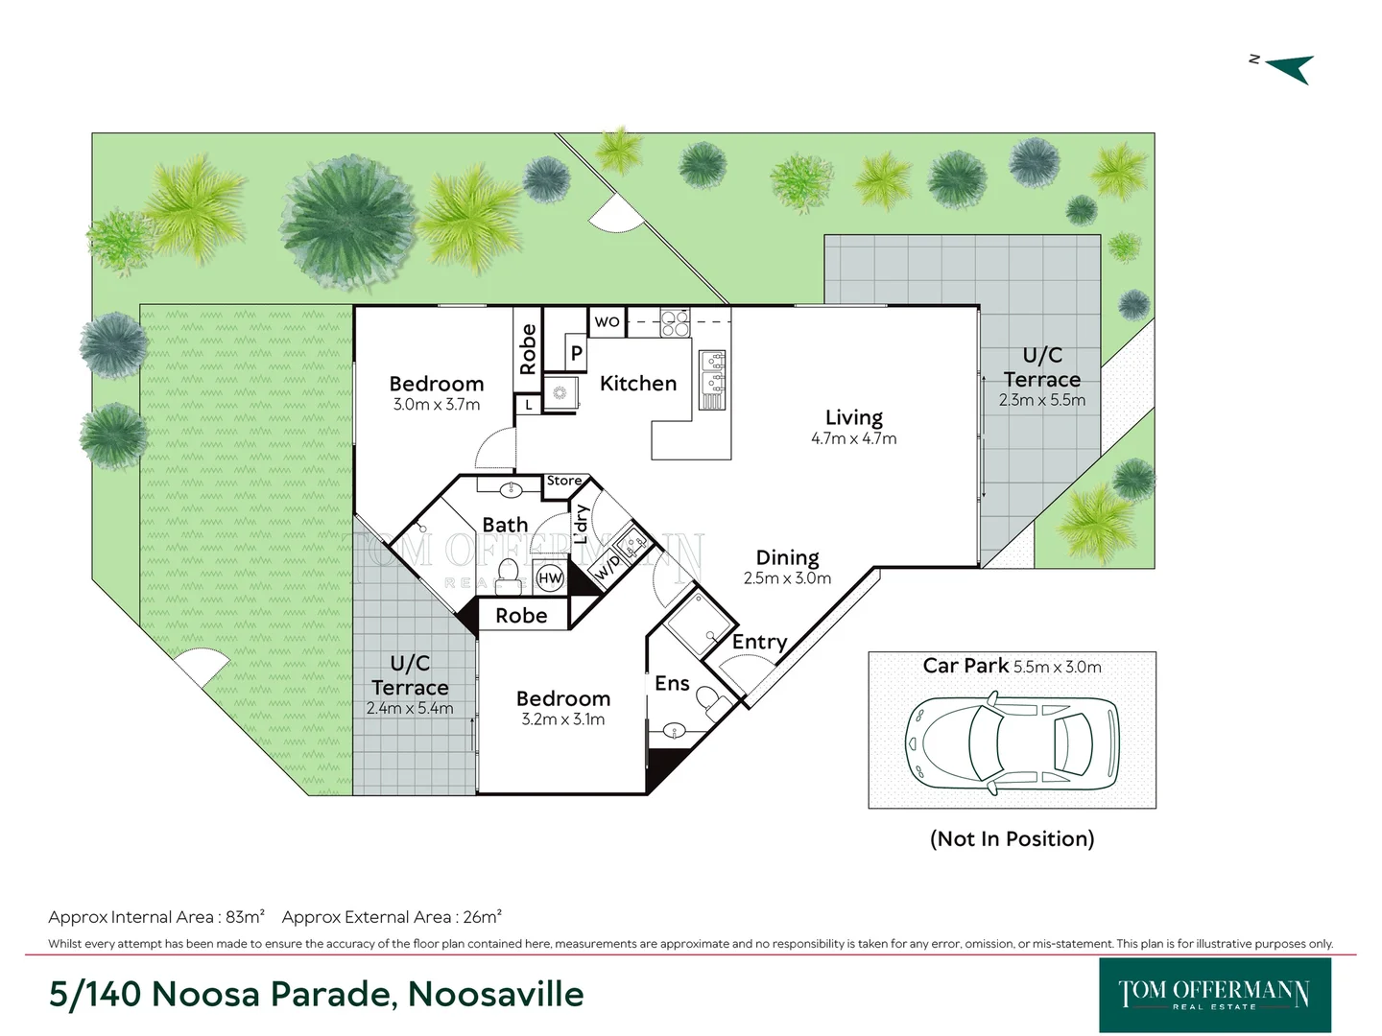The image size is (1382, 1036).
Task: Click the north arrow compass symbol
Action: (x=1289, y=68)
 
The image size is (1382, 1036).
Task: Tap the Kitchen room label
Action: (x=638, y=384)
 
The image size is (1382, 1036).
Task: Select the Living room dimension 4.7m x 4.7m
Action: (x=853, y=439)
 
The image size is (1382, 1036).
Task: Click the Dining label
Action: (x=787, y=557)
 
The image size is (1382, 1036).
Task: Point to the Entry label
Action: (x=759, y=642)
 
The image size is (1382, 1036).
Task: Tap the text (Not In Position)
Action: (x=1012, y=838)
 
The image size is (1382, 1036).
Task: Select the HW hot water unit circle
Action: (x=550, y=577)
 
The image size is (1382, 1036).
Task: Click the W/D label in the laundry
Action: (x=608, y=567)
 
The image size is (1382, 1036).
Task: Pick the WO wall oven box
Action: (x=607, y=321)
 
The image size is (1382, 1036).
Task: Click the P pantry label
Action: (x=576, y=353)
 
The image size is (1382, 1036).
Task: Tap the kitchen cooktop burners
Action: (x=675, y=322)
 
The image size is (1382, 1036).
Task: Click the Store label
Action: (x=564, y=481)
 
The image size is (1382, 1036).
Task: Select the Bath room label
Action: (x=505, y=525)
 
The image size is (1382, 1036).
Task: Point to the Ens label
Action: (x=672, y=683)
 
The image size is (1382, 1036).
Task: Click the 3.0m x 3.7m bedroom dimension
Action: (x=437, y=405)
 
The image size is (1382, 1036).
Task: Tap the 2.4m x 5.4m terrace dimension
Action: (x=410, y=709)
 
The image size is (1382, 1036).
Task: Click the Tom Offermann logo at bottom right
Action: (x=1214, y=995)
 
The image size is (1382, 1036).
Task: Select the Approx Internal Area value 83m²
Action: (x=245, y=917)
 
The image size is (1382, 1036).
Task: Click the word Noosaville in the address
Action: (x=495, y=994)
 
